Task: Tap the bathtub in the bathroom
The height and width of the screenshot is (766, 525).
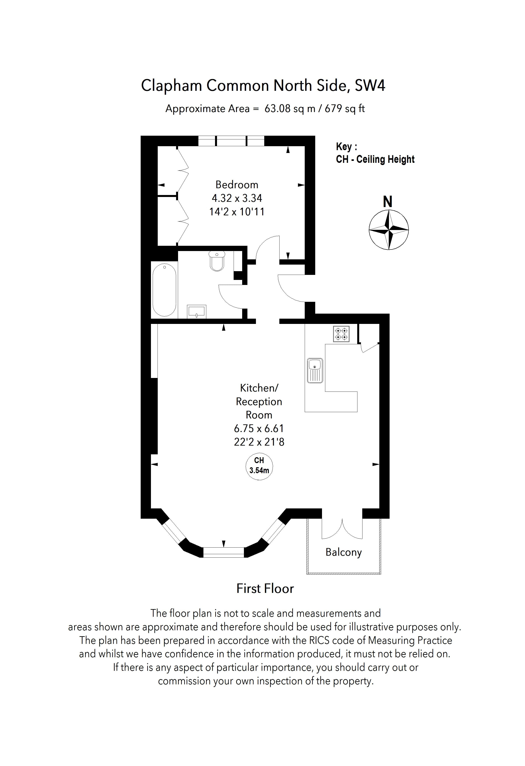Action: pos(164,290)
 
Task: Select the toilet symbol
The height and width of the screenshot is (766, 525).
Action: pos(217,260)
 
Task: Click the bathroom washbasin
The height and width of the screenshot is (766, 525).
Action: pos(197,311)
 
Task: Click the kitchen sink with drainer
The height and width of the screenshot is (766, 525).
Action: pos(315,371)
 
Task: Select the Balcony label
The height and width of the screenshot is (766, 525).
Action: pos(343,552)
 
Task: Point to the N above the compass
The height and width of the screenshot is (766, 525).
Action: pos(388,202)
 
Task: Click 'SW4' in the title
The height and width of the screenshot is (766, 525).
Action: pos(370,86)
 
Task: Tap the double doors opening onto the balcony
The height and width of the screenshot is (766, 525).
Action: pos(342,529)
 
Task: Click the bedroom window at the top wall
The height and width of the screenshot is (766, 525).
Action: pos(231,141)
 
